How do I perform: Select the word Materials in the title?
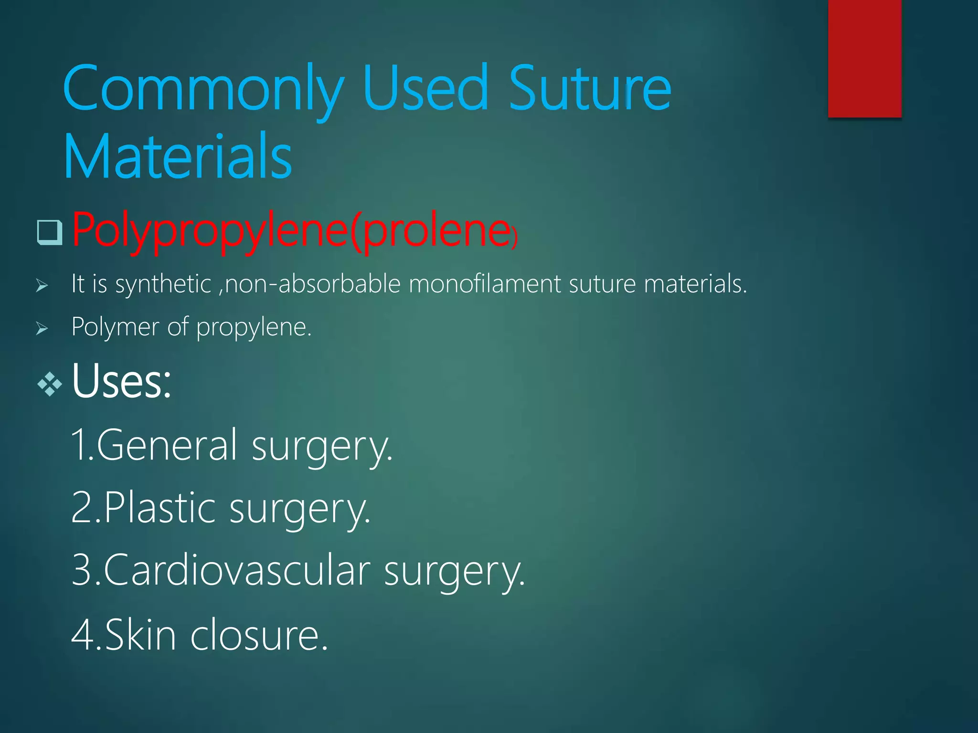tap(178, 157)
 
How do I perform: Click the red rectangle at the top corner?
tap(864, 58)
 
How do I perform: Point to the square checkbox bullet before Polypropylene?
tap(50, 232)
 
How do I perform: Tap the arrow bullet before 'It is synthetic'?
tap(42, 286)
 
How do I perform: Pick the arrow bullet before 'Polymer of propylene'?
tap(42, 328)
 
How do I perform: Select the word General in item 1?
tap(167, 445)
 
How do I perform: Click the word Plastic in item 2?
tap(159, 508)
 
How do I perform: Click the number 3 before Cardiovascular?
tap(81, 570)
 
